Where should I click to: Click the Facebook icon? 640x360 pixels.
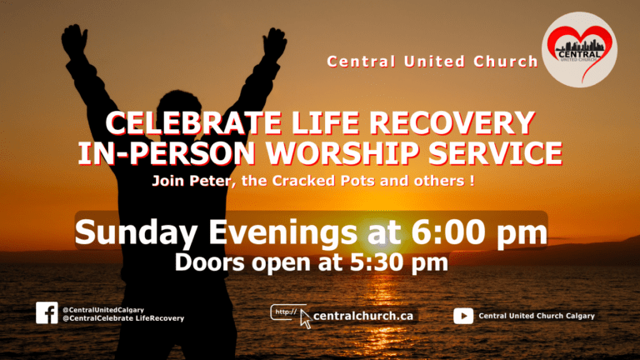(47, 312)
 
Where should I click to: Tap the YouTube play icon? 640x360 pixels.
(463, 316)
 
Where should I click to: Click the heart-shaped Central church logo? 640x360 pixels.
(579, 50)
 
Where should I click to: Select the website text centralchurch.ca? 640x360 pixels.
(363, 316)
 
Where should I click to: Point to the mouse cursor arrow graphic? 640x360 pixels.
(305, 319)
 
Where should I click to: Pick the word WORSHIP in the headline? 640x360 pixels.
(342, 153)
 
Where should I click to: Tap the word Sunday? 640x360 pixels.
(137, 232)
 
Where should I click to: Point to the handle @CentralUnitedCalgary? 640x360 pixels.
(103, 310)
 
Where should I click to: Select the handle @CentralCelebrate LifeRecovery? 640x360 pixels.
(123, 318)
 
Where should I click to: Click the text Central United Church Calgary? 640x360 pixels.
(537, 316)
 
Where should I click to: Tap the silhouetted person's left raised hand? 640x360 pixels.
(74, 41)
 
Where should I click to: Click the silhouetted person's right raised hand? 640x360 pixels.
(274, 43)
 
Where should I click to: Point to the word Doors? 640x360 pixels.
(209, 262)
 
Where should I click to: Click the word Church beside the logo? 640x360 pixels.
(506, 62)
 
